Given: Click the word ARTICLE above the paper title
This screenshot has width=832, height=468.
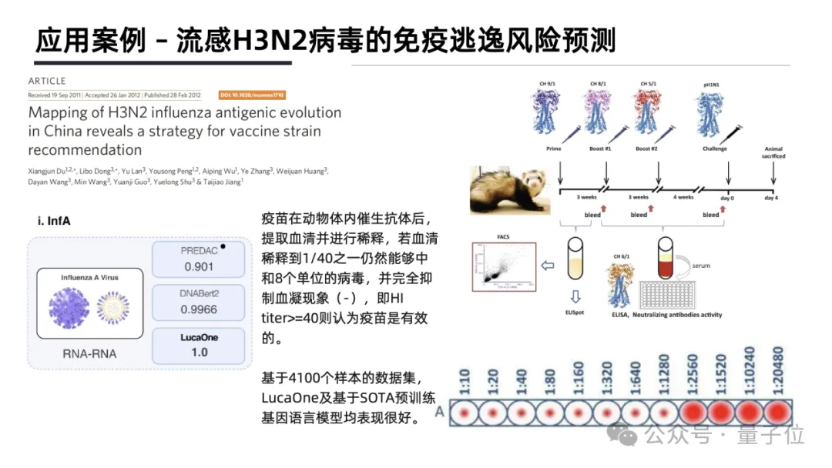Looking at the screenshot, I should point(47,81).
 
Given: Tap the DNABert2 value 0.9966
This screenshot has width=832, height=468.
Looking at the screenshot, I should point(198,309).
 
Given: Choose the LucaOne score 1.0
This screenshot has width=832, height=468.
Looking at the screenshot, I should point(198,352).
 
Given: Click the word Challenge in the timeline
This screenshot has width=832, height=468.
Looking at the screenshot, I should point(714,149).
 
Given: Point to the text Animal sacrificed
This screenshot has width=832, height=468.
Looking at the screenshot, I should point(773,152).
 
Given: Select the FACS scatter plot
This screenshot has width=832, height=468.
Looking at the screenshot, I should point(503,266).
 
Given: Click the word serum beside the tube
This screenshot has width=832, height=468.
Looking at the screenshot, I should point(701,266).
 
